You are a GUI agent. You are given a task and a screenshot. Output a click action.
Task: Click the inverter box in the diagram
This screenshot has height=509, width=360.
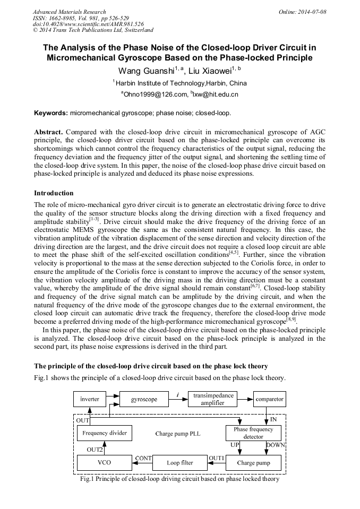(90, 399)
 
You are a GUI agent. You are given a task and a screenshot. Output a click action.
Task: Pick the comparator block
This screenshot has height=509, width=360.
(269, 399)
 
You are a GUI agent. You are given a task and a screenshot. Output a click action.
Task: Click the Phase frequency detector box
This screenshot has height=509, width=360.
(253, 433)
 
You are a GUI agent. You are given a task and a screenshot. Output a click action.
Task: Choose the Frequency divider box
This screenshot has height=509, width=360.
(105, 433)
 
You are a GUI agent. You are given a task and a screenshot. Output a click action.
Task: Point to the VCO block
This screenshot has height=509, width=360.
(105, 462)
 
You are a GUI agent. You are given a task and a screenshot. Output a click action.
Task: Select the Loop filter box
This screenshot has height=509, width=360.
(180, 462)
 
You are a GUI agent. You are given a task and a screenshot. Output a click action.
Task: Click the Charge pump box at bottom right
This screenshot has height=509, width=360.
(253, 462)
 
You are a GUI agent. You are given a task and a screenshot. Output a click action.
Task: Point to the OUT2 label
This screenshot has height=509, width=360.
(95, 449)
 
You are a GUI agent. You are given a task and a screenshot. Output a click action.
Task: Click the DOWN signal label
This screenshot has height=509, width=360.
(276, 444)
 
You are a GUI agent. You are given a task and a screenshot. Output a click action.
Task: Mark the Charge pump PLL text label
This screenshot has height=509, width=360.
(178, 433)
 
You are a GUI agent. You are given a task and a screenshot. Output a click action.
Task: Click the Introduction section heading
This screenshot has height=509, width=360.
(54, 193)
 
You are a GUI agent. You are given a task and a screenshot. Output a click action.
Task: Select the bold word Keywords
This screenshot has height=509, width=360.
(50, 113)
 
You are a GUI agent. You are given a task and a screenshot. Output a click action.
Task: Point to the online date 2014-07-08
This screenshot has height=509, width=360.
(313, 12)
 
